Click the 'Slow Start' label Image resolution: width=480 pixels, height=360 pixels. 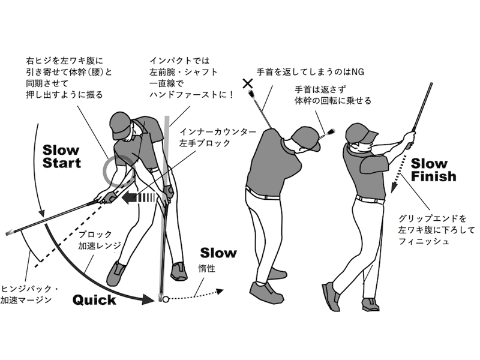[62, 157]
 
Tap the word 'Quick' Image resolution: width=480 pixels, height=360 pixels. [95, 300]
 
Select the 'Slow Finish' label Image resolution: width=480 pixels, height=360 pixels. [433, 170]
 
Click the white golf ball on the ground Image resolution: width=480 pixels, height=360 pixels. [166, 299]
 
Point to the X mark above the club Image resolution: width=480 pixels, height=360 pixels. [248, 83]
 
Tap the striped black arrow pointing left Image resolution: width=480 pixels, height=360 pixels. [139, 198]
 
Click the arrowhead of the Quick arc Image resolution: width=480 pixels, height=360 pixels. [148, 299]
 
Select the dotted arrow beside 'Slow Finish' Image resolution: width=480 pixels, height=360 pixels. [397, 174]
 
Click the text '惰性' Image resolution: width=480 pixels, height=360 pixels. [207, 269]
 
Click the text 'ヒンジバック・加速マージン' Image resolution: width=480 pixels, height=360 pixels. [29, 294]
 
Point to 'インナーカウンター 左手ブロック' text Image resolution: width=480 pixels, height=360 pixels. [218, 137]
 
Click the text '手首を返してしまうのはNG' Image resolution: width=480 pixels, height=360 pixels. [310, 72]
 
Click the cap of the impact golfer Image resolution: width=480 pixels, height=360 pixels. [121, 125]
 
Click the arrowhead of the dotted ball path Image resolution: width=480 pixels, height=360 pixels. [220, 291]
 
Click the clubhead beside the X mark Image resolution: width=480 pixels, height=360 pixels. [250, 93]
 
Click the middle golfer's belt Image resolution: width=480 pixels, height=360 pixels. [262, 194]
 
